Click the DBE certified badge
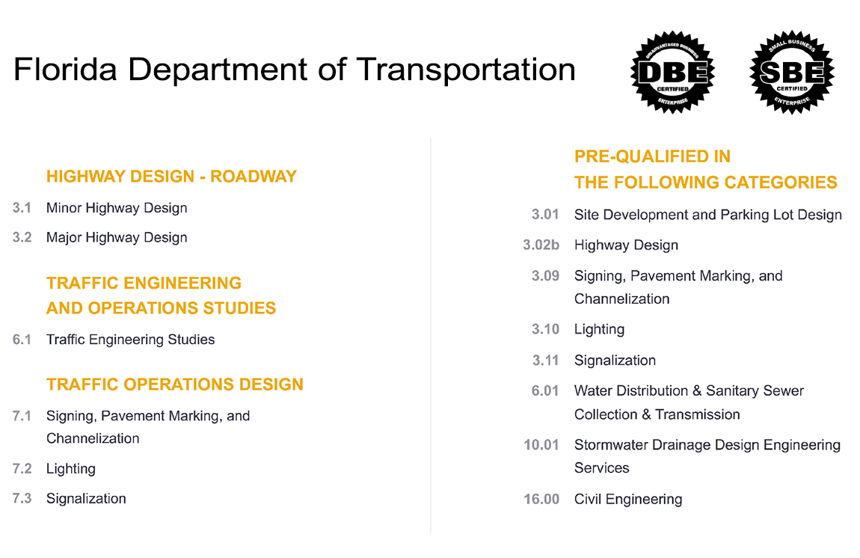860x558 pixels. (x=672, y=72)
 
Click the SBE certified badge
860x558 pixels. (x=792, y=72)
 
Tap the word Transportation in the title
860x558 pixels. (x=466, y=70)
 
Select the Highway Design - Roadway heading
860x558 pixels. (x=171, y=176)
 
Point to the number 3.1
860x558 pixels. (x=22, y=208)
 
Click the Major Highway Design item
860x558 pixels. (x=117, y=238)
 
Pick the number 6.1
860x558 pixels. (x=22, y=340)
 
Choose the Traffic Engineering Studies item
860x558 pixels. (x=131, y=340)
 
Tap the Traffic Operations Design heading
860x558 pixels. (x=175, y=384)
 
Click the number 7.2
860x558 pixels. (x=22, y=468)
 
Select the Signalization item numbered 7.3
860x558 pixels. (x=86, y=499)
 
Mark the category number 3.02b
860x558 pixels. (x=541, y=245)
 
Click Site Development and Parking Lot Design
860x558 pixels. (x=708, y=215)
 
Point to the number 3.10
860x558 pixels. (x=545, y=329)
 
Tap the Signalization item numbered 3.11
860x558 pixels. (x=615, y=361)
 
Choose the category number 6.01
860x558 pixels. (x=545, y=390)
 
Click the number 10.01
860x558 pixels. (x=541, y=444)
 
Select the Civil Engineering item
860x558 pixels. (x=628, y=500)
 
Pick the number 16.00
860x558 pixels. (x=541, y=500)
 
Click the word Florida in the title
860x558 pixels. (x=65, y=70)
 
